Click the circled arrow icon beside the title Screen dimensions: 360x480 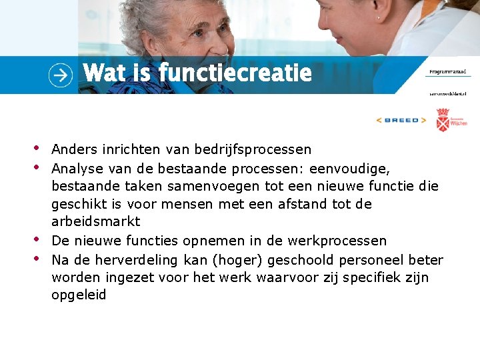(x=61, y=75)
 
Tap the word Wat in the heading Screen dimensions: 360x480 (x=107, y=73)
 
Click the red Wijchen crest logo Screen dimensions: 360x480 (x=443, y=121)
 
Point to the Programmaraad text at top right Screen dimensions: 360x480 (x=447, y=71)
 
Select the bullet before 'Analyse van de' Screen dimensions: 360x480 (x=37, y=165)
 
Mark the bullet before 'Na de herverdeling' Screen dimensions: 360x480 (x=37, y=257)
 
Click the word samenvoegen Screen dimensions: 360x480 (x=213, y=185)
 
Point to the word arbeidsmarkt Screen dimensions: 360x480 (x=96, y=221)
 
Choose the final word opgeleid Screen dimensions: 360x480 (x=79, y=295)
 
